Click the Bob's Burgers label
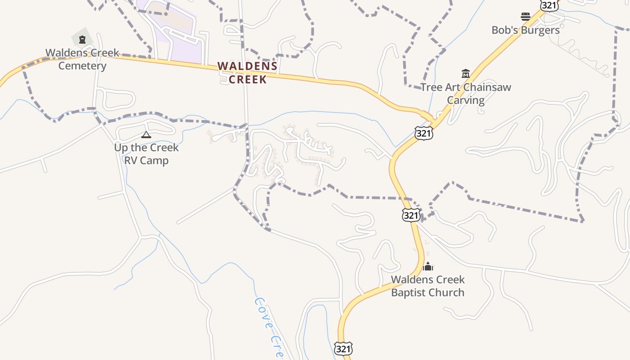(525, 30)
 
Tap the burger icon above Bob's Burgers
(525, 17)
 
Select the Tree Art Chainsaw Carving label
(465, 93)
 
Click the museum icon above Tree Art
(465, 73)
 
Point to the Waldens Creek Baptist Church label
(427, 286)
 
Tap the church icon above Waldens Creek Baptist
(427, 266)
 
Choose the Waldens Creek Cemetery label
(82, 59)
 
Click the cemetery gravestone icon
(82, 40)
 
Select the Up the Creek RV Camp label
(146, 154)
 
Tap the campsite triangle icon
(146, 135)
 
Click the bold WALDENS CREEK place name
(247, 72)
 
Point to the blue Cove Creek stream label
(269, 327)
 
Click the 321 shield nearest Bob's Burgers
(549, 5)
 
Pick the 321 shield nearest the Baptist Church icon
(411, 215)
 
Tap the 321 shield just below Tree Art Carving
(423, 133)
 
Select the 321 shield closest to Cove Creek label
(343, 349)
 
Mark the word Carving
(465, 100)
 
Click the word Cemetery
(82, 66)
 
